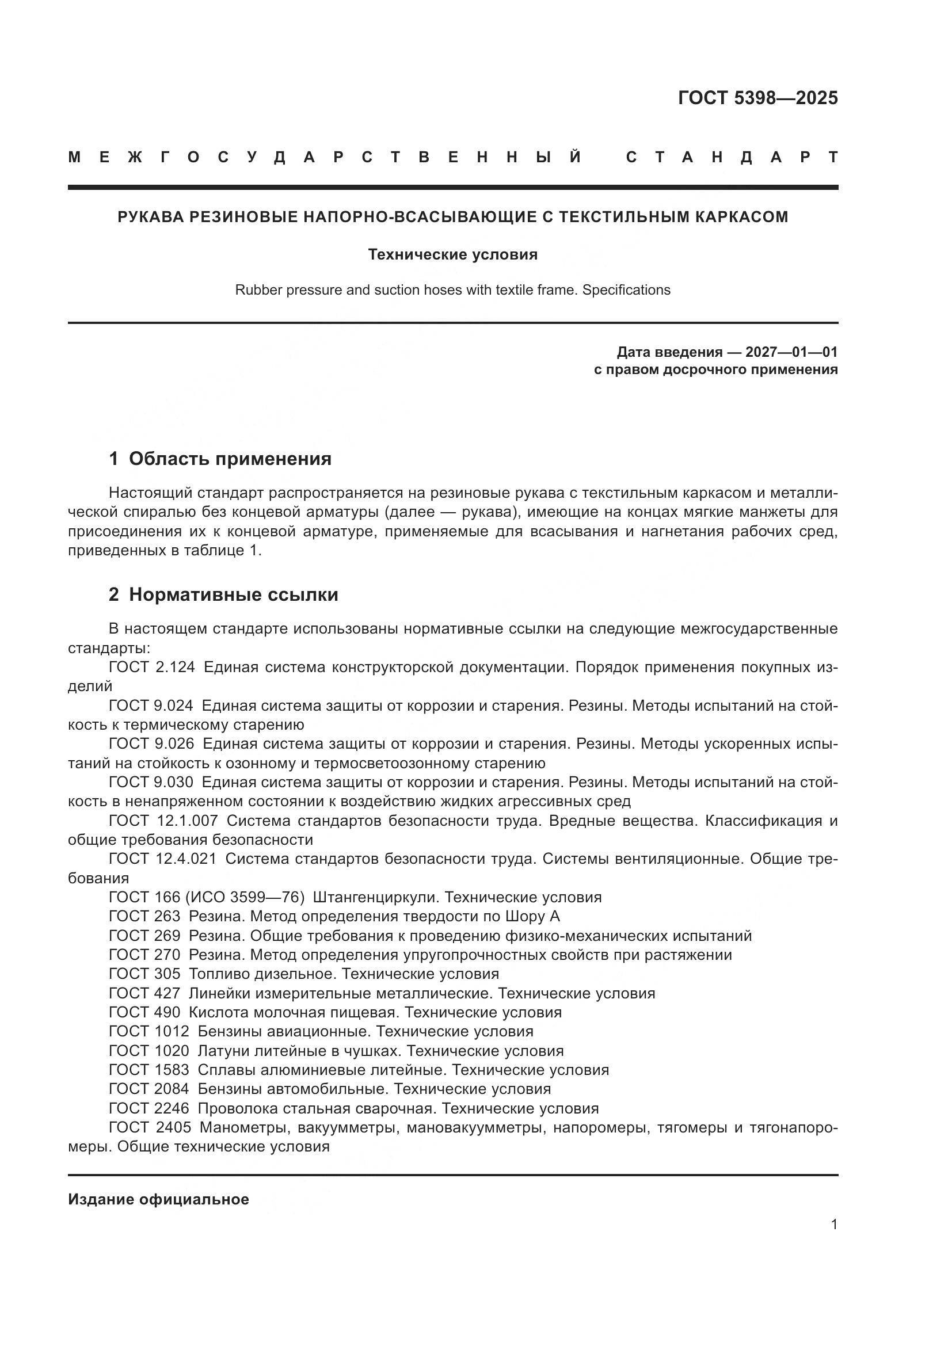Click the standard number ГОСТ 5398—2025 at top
click(x=757, y=98)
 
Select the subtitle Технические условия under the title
click(x=452, y=254)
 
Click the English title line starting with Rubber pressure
click(x=452, y=290)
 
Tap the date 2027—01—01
click(x=791, y=352)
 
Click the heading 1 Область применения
click(x=220, y=459)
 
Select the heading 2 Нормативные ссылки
click(x=224, y=594)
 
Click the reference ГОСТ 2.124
click(x=152, y=667)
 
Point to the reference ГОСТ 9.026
click(x=151, y=743)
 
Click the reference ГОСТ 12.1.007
click(x=163, y=820)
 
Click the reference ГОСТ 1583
click(x=149, y=1069)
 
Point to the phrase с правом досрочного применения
click(x=716, y=370)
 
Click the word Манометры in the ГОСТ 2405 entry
click(x=243, y=1127)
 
